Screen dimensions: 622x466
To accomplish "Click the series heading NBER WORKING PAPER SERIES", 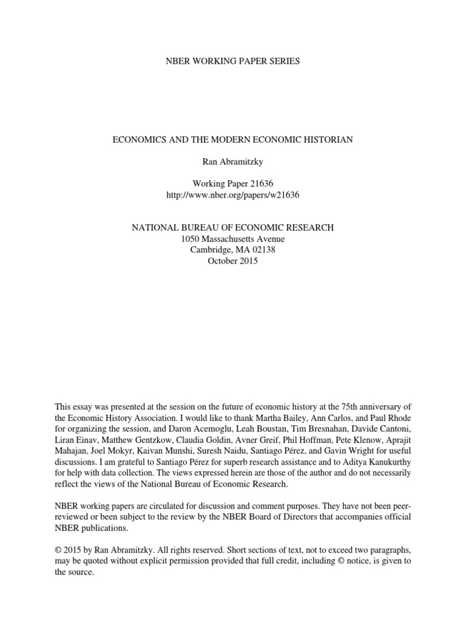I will pyautogui.click(x=233, y=61).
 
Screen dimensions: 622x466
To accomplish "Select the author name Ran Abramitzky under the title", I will pyautogui.click(x=233, y=162).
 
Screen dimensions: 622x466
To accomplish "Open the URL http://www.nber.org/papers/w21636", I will pyautogui.click(x=233, y=196).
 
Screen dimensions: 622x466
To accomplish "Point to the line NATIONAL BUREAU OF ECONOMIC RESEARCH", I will pyautogui.click(x=233, y=227).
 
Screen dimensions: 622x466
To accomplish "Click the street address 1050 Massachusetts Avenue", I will pyautogui.click(x=233, y=239).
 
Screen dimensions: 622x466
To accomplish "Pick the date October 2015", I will pyautogui.click(x=233, y=261).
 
